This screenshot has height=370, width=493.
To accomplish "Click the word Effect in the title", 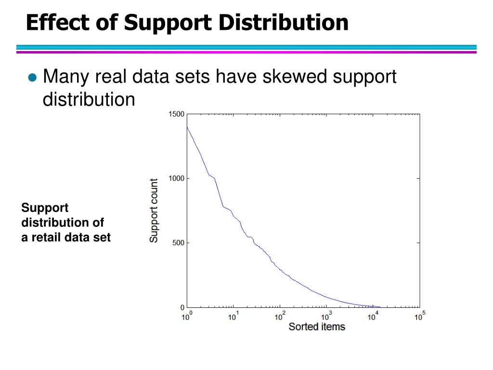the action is point(58,22).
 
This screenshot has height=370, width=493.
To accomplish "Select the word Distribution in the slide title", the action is point(283,22).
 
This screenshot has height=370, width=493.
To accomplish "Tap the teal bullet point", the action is point(32,77).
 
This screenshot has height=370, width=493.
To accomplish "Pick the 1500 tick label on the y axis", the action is point(176,114).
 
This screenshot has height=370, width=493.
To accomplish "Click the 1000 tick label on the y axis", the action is point(176,178).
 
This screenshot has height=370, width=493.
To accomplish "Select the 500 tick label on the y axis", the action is point(178,243).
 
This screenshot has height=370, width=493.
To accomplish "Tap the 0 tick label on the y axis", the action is point(182,307).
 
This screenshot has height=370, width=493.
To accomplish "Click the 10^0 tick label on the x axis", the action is point(187,316).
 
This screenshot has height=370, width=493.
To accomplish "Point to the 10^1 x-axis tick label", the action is point(234,316).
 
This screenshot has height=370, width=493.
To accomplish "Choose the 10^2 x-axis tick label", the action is point(280,316).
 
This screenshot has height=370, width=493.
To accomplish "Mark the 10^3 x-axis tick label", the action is point(326,316).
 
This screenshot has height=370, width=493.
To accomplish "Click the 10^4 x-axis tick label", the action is point(373,316).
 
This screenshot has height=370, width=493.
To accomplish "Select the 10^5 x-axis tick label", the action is point(420,316).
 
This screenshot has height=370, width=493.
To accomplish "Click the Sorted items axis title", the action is point(317,327).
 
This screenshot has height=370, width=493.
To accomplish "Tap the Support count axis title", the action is point(154,211).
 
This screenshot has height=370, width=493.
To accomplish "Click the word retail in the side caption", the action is point(42,237).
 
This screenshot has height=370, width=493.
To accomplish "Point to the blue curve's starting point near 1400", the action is point(187,127).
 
